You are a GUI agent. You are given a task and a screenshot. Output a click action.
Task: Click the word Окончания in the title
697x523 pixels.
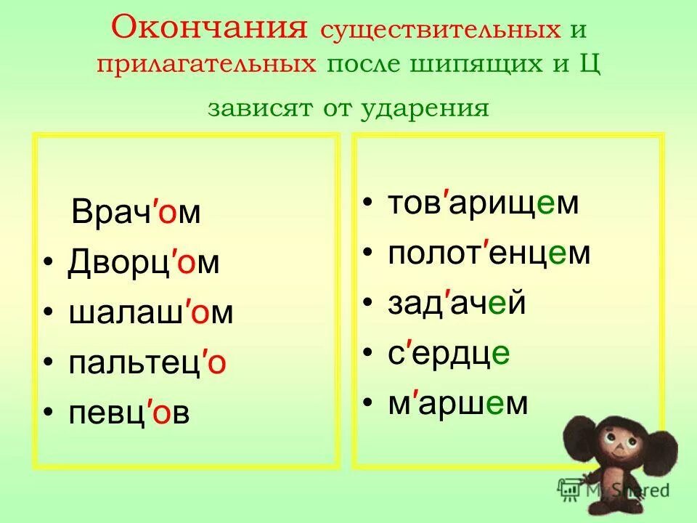(x=206, y=29)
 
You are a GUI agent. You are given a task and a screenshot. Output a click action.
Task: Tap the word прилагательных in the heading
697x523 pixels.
(x=207, y=64)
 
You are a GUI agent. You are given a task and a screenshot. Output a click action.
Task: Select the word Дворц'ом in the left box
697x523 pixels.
(x=144, y=263)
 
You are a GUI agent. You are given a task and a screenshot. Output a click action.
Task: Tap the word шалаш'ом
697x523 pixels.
(x=151, y=312)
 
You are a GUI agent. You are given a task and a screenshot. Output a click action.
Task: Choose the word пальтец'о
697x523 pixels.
(x=147, y=362)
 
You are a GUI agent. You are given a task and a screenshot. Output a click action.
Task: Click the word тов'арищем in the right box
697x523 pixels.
(x=484, y=203)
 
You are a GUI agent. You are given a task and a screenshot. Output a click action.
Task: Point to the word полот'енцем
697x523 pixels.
(x=489, y=254)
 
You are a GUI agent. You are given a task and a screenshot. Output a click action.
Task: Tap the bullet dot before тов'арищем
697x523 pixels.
(x=370, y=203)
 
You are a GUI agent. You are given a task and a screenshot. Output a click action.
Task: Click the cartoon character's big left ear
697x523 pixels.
(x=585, y=439)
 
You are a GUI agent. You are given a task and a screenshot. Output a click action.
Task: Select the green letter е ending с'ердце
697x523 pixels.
(x=501, y=354)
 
